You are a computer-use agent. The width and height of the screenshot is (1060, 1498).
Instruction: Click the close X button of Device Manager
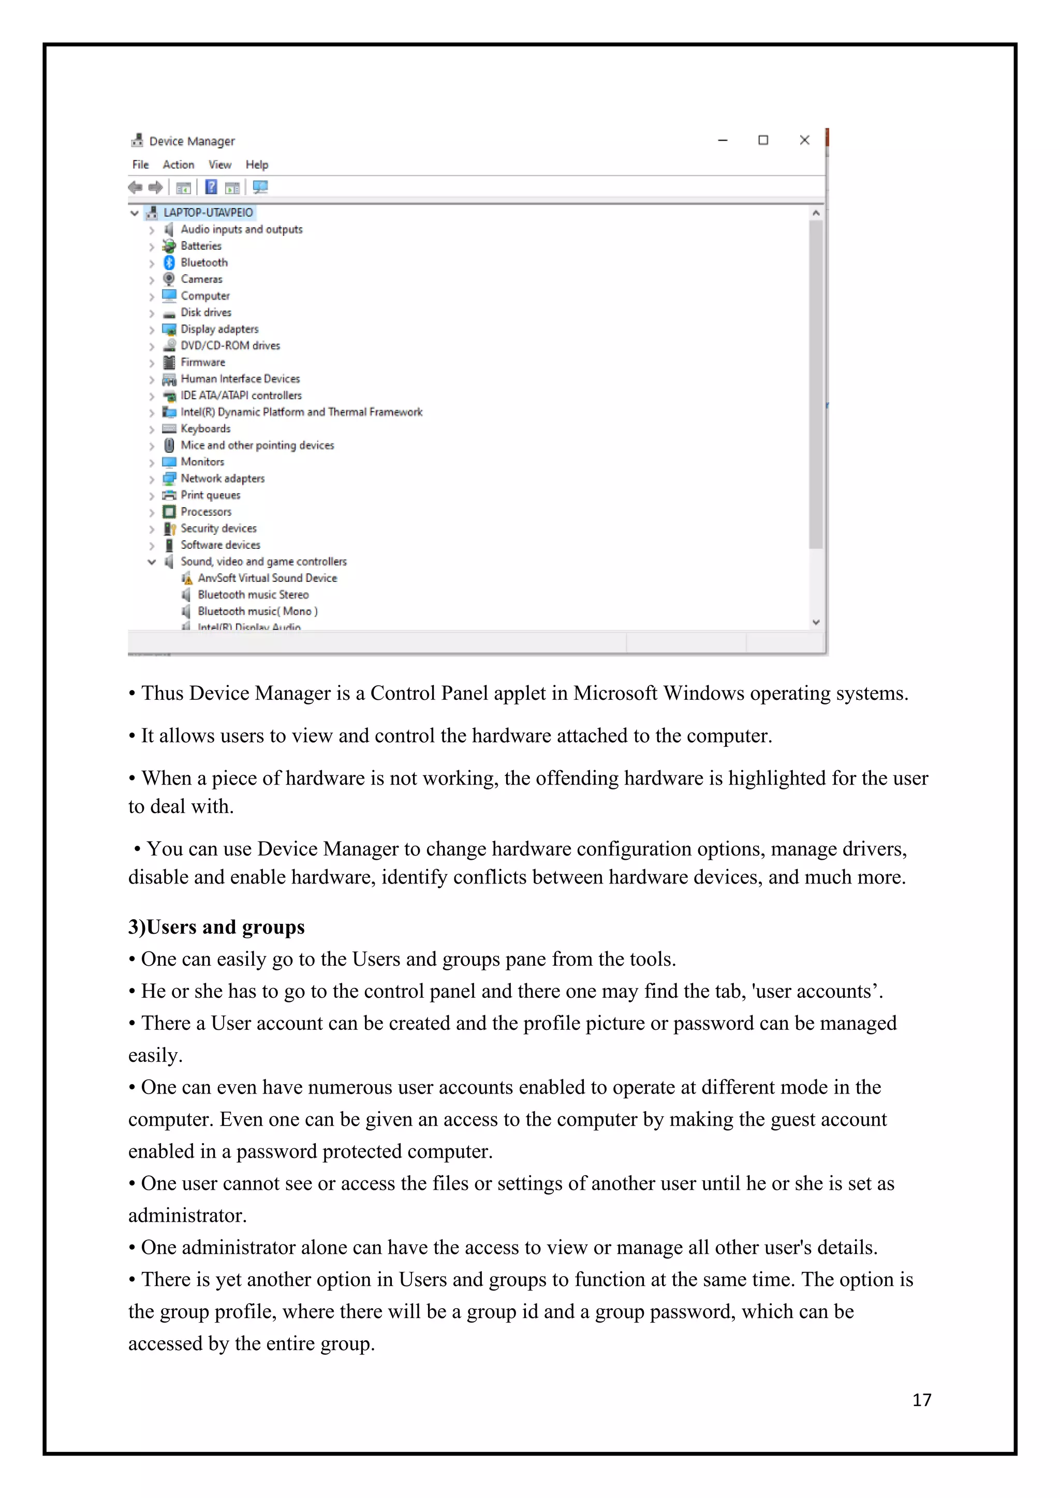pos(804,140)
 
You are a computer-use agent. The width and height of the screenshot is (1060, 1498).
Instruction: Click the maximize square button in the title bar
pos(762,140)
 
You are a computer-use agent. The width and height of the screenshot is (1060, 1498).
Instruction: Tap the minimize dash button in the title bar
pos(723,140)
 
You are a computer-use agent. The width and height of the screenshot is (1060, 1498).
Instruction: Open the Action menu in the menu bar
pos(178,165)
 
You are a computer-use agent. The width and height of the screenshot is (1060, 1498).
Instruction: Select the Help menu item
pos(257,165)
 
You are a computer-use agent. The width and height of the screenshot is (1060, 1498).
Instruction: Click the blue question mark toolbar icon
pos(211,187)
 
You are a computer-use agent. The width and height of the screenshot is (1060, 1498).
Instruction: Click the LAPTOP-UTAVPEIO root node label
pos(208,213)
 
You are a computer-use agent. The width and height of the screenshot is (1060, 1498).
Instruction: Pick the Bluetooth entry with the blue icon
pos(203,262)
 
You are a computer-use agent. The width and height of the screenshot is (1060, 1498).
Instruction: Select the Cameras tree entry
pos(201,279)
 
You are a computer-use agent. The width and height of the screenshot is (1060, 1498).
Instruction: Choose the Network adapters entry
pos(222,478)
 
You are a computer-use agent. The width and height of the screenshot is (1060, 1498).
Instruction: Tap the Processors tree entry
pos(205,512)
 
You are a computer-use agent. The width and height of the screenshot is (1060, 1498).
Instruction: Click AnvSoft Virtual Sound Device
pos(267,578)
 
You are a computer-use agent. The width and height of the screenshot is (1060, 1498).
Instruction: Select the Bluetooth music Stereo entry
pos(253,594)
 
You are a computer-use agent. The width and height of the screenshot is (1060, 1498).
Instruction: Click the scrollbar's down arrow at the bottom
pos(815,622)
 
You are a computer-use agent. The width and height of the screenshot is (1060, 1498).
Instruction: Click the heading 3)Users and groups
pos(216,927)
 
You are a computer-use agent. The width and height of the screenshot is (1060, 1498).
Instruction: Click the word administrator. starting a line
pos(187,1216)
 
